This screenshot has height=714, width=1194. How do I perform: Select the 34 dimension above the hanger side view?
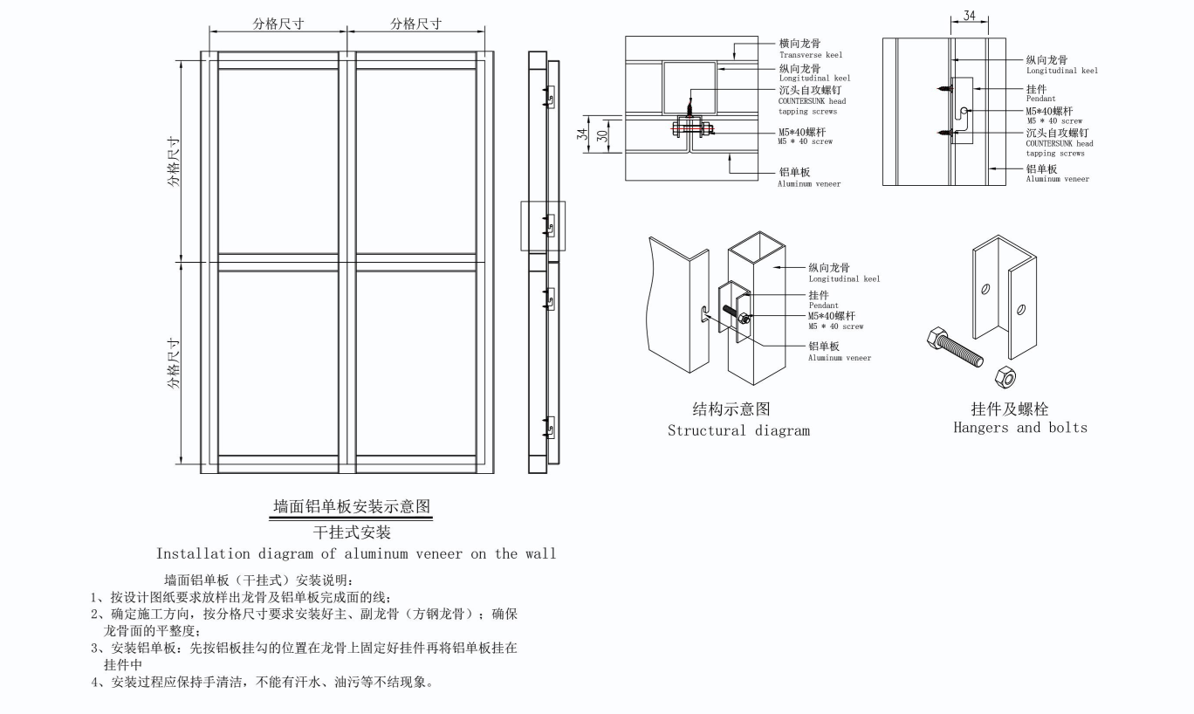[969, 17]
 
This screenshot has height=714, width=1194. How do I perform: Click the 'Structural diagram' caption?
[738, 430]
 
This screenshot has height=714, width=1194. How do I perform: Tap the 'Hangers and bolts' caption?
[1019, 428]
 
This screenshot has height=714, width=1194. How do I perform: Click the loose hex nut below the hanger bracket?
[1005, 377]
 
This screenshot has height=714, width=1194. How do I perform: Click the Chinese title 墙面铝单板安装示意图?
[351, 507]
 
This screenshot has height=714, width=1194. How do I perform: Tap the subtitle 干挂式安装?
[351, 532]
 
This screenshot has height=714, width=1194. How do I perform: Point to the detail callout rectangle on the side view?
[543, 226]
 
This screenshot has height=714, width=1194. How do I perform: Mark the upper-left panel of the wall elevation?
[278, 161]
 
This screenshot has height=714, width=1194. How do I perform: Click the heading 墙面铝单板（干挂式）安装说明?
[257, 580]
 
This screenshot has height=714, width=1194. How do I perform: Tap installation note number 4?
[262, 682]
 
